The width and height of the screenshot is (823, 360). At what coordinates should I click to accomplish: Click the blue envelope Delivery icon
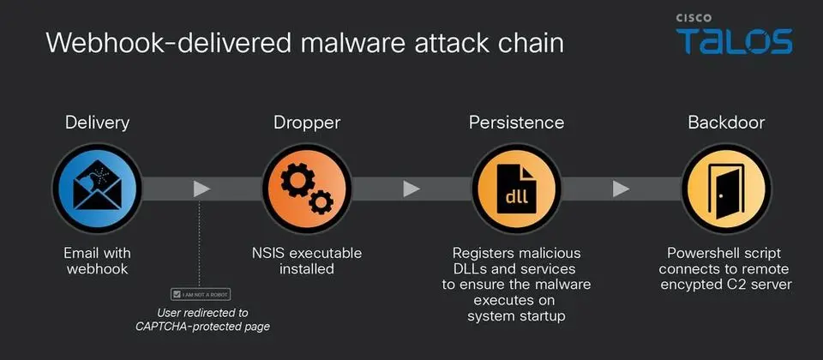coord(97,189)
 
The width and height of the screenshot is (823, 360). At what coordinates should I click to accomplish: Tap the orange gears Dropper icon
coord(307,189)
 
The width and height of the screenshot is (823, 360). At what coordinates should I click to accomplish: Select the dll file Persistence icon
coord(516,189)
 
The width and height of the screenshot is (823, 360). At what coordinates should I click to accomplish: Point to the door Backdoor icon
coord(726,189)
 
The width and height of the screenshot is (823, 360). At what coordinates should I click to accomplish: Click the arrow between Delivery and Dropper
coord(201,189)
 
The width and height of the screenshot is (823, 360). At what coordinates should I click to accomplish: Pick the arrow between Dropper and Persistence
coord(411,189)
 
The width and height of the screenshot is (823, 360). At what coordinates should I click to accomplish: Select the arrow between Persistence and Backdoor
coord(621,189)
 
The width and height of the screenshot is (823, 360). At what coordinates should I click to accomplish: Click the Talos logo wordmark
coord(734,41)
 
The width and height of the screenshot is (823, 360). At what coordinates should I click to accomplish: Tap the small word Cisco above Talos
coord(694,18)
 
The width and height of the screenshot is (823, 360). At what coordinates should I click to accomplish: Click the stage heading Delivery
coord(97,123)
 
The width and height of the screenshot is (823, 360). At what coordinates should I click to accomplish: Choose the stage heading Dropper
coord(307,123)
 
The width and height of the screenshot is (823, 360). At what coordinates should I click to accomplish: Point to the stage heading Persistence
coord(516,123)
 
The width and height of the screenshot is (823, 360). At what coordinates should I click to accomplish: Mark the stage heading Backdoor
coord(726,123)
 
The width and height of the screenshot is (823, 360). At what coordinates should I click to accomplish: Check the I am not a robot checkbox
coord(177,295)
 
